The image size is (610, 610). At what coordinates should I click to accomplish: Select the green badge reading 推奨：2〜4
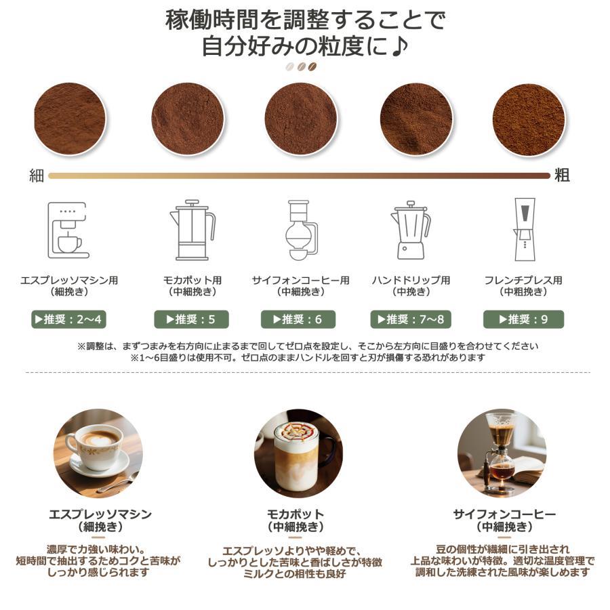[x=69, y=319]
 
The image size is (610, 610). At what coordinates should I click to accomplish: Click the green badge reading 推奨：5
[x=191, y=319]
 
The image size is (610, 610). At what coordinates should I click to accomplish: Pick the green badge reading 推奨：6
[x=298, y=319]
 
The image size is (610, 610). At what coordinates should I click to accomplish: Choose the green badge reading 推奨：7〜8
[x=411, y=319]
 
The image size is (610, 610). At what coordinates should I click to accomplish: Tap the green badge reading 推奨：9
[x=524, y=319]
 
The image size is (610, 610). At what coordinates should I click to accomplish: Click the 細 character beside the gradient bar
[x=37, y=176]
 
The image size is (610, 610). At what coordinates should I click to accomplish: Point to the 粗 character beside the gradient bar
[x=562, y=176]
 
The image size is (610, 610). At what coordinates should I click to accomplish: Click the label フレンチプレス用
[x=523, y=280]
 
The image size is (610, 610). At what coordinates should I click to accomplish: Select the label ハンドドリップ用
[x=411, y=280]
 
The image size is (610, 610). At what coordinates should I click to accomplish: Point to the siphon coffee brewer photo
[x=502, y=453]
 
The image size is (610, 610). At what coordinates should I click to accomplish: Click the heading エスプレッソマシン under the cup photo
[x=100, y=514]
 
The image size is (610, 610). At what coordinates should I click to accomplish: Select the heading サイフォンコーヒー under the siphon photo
[x=504, y=514]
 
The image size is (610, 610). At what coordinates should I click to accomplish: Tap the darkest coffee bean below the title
[x=312, y=67]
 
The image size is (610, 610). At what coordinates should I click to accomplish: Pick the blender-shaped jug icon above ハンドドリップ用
[x=411, y=230]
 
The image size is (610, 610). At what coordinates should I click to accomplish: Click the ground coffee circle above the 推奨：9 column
[x=529, y=119]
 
